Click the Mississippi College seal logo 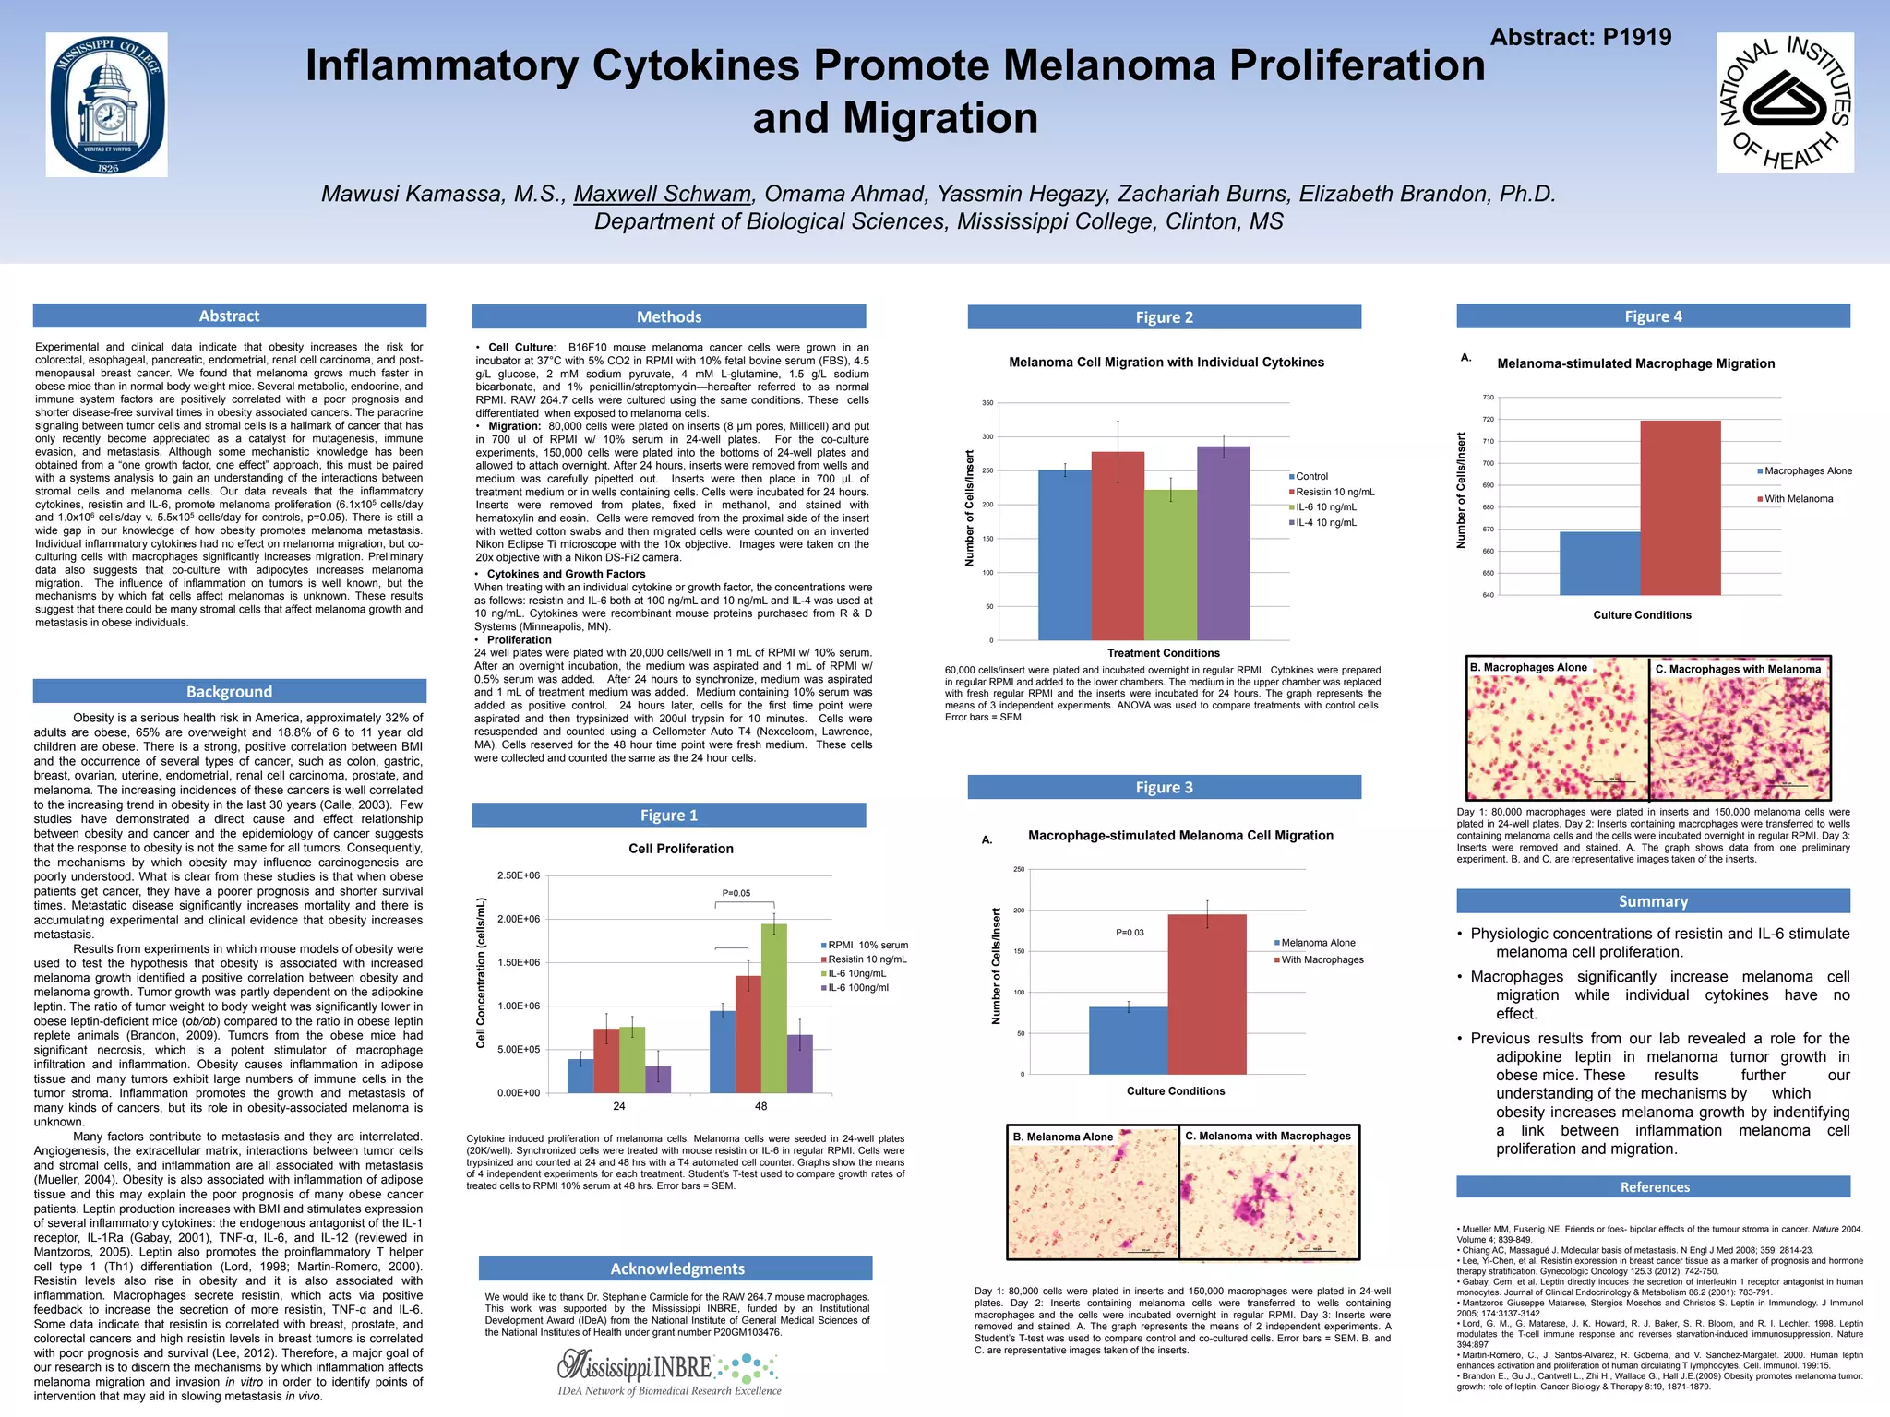[107, 105]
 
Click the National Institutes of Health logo [1785, 102]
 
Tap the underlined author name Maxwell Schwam [662, 194]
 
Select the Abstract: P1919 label [1580, 37]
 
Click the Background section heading [229, 691]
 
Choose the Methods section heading [669, 316]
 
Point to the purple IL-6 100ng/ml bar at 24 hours [657, 1078]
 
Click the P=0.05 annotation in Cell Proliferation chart [736, 893]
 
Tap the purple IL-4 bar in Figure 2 [1224, 542]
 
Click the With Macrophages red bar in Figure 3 [1206, 994]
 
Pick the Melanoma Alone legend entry [1317, 943]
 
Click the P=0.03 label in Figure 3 [1130, 933]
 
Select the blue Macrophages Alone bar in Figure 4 [1599, 563]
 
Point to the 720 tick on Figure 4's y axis [1488, 420]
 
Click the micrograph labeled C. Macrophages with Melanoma [1740, 729]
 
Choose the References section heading [1654, 1187]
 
